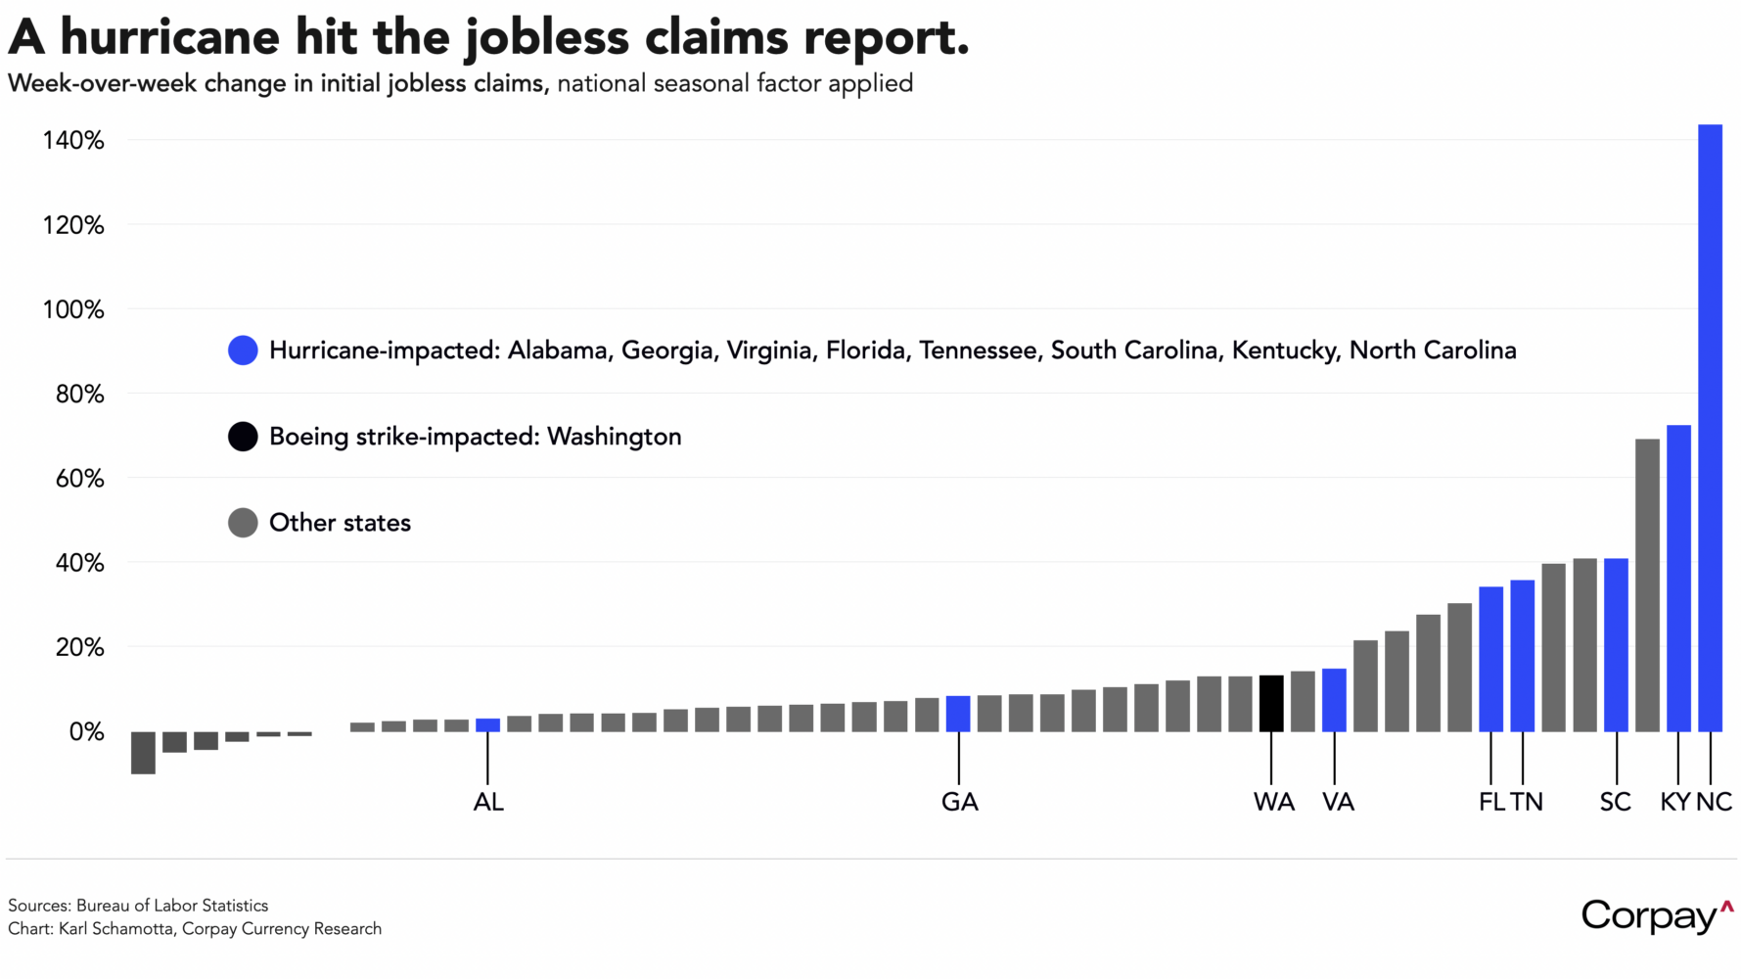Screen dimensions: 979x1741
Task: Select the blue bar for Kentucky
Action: point(1678,579)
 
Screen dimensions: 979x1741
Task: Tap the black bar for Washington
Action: point(1270,704)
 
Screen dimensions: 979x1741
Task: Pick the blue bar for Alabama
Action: point(487,725)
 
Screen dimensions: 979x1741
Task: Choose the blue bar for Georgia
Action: point(958,714)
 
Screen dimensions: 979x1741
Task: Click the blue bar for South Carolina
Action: point(1616,645)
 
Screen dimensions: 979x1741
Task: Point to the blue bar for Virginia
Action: point(1334,700)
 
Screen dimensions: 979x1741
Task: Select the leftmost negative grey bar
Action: point(143,753)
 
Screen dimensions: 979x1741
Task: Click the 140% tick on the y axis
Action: point(73,141)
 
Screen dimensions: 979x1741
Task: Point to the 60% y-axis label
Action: point(79,479)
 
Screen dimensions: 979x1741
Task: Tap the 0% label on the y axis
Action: point(86,732)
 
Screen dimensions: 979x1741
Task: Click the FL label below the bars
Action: point(1490,803)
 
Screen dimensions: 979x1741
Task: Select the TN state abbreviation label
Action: point(1527,803)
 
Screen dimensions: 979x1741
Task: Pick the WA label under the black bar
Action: point(1273,803)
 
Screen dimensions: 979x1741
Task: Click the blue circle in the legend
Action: point(243,350)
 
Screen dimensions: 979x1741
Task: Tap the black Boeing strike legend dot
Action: point(243,437)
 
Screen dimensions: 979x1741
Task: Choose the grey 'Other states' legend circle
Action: point(243,523)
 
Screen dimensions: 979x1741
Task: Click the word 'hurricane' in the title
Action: point(169,37)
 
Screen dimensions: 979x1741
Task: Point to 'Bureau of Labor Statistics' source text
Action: point(171,906)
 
